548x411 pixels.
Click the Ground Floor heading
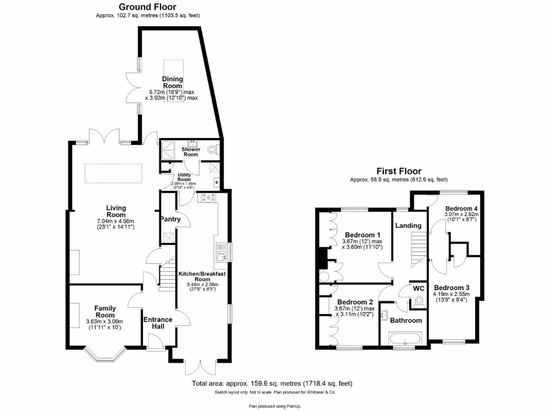point(147,7)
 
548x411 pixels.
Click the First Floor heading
point(399,171)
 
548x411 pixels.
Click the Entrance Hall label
point(157,323)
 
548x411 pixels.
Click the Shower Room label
point(191,152)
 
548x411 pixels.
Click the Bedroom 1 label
point(362,235)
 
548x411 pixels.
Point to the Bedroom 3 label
point(451,286)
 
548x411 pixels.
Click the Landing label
point(408,226)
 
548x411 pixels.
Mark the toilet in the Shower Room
point(215,150)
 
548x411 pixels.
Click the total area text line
point(272,384)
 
